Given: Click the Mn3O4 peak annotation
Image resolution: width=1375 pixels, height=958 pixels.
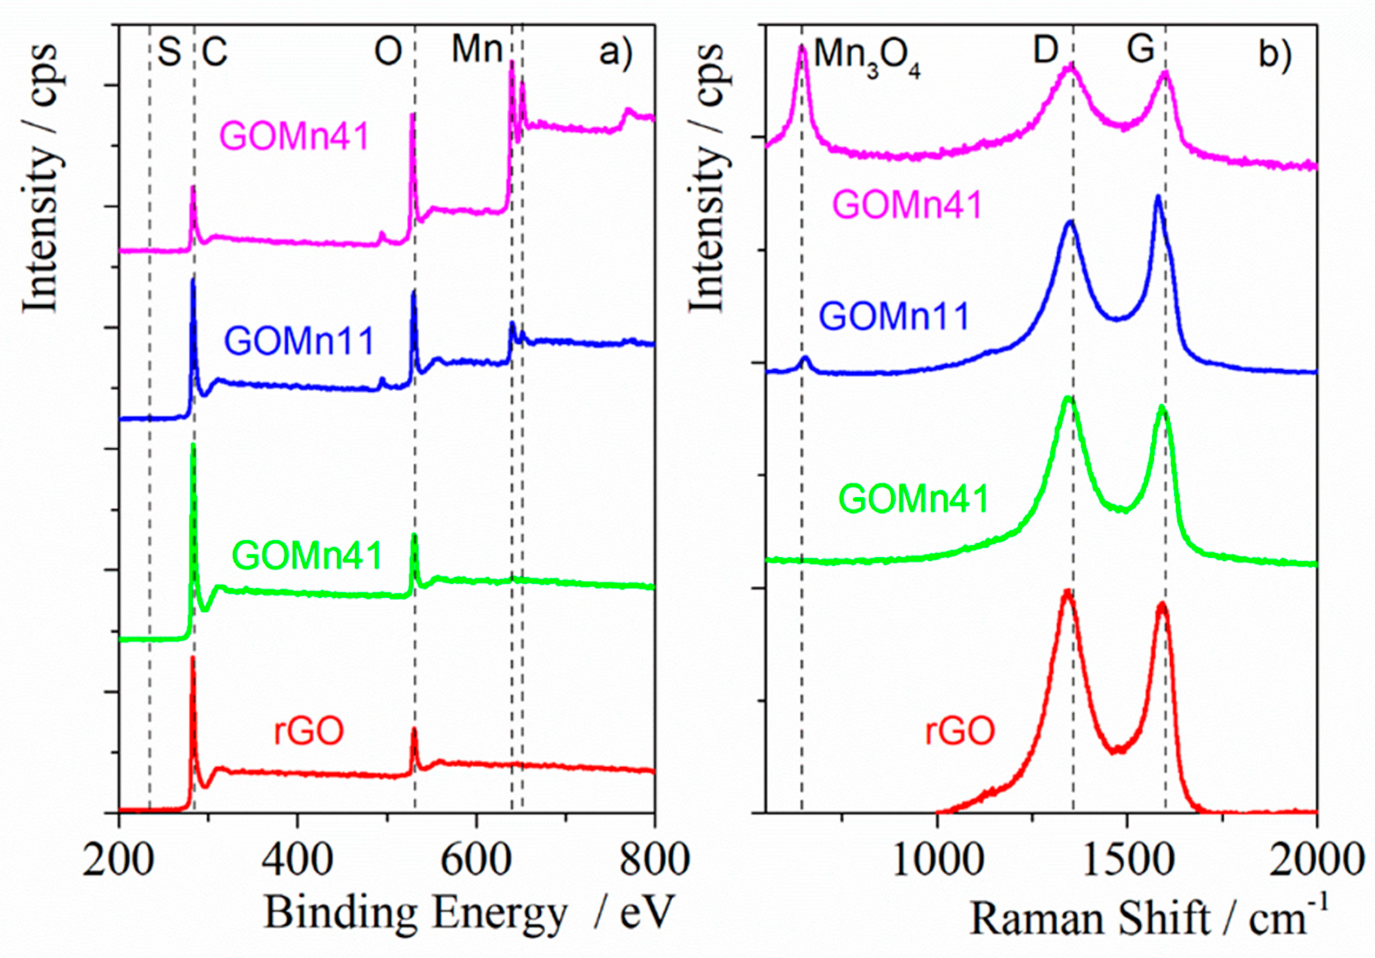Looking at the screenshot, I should (867, 59).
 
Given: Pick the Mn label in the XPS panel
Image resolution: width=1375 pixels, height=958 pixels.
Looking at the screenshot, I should (477, 50).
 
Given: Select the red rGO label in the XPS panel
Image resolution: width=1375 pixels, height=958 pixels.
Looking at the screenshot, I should (309, 732).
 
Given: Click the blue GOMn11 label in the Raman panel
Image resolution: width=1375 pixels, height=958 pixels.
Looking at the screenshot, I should (894, 316).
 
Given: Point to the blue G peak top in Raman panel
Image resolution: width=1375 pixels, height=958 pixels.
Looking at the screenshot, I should (1158, 213).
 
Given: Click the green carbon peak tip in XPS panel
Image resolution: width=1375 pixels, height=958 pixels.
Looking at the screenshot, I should (193, 445).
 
